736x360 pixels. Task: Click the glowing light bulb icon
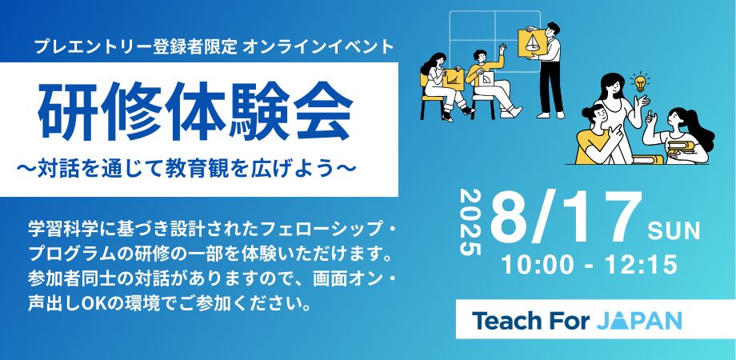coord(640,82)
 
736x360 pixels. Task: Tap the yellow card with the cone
coord(532,43)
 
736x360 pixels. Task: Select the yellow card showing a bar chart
coord(452,79)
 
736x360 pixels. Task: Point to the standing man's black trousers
coord(551,88)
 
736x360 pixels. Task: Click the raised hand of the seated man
coord(502,48)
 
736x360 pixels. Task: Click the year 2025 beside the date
coord(470,222)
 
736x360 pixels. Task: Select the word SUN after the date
coord(674,232)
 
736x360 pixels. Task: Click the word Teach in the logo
coord(506,321)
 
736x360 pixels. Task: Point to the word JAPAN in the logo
coord(639,321)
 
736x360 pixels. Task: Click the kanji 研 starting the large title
coord(67,113)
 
